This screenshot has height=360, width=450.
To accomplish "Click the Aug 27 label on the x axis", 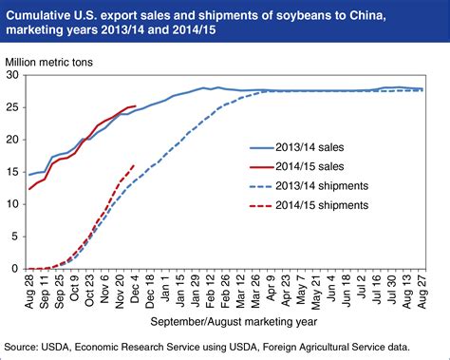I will tap(422, 290).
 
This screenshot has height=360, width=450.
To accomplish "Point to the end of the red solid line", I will tap(136, 106).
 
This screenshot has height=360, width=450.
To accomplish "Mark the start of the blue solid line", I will tap(29, 175).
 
